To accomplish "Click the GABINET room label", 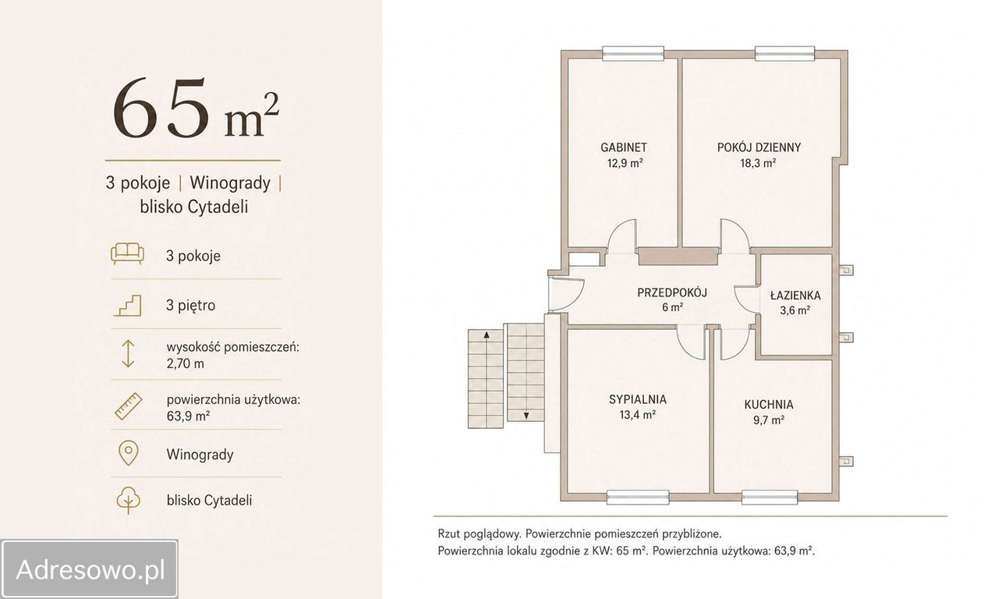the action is tap(623, 147).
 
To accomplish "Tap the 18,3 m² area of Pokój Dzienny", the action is tap(759, 163).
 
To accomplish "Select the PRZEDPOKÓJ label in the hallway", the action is tap(672, 292).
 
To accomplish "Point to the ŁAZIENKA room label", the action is tap(795, 295).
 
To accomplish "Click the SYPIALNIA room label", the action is tap(638, 399).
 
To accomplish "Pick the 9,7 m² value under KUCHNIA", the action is tap(769, 420).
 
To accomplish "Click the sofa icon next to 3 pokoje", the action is tap(127, 254).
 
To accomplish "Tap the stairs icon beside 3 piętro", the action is tap(128, 306).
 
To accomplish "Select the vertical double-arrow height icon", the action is tap(128, 354).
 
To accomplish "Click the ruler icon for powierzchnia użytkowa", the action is tap(129, 406).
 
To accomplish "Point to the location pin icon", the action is tap(129, 454).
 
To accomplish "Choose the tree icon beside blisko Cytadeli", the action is tap(129, 500).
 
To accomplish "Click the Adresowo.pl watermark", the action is tap(90, 569).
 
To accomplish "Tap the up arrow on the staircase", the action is tap(487, 335).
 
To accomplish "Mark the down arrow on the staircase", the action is tap(526, 416).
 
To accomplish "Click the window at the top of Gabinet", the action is tap(633, 54).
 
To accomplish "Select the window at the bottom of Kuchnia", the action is tap(770, 498).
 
